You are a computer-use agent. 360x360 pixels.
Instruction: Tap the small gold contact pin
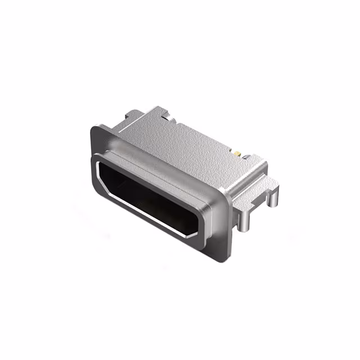pyautogui.click(x=238, y=153)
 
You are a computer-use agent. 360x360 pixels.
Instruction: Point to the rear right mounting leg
pyautogui.click(x=274, y=197)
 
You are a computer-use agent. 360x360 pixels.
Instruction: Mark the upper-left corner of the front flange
pyautogui.click(x=94, y=128)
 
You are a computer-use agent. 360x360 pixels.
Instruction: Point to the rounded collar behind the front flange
pyautogui.click(x=169, y=169)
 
